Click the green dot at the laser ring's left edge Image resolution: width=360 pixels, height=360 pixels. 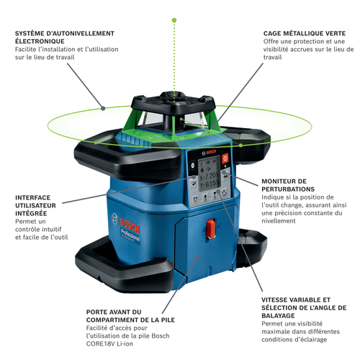pos(106,109)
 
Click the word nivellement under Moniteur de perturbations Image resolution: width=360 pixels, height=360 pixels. pos(282,222)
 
